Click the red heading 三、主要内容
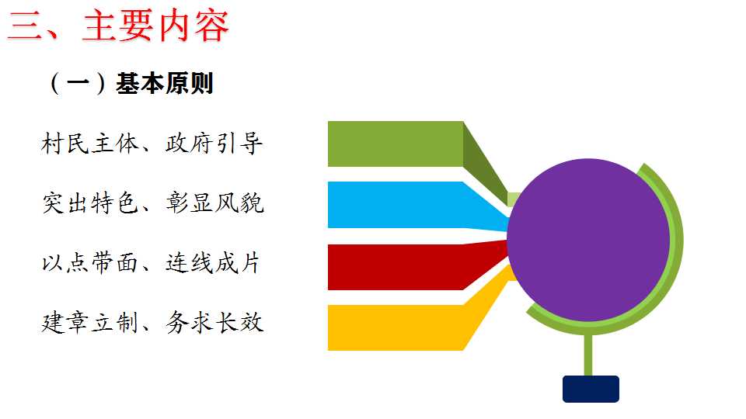coord(118,26)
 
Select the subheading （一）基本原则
coord(130,84)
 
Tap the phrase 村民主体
coord(89,143)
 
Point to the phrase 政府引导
coord(214,143)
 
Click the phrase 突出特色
coord(90,203)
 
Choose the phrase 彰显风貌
coord(214,203)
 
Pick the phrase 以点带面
coord(90,263)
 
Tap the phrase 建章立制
coord(90,323)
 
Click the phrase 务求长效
coord(214,323)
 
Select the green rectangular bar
coord(396,144)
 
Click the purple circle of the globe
coord(588,240)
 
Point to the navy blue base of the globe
coord(591,389)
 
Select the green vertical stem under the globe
coord(588,355)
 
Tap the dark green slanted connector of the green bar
coord(485,161)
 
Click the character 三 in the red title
coord(24,26)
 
